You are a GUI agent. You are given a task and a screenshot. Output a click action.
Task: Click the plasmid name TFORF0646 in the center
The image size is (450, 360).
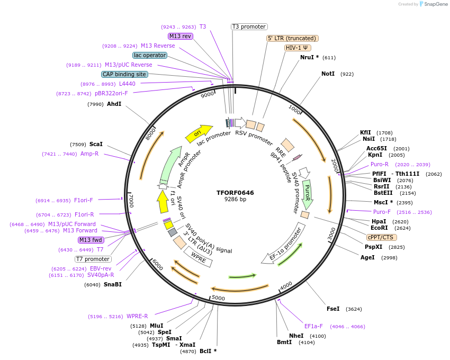coord(235,193)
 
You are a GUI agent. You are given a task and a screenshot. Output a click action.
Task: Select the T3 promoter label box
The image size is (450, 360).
coord(249,26)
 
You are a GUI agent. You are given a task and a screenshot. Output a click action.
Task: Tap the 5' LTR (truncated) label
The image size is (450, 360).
coord(292,38)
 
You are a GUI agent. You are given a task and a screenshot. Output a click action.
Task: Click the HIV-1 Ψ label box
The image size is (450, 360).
coord(298,48)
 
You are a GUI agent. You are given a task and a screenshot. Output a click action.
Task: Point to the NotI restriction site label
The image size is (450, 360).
coord(328,74)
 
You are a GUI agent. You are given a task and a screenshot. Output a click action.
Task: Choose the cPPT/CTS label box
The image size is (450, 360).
coord(380,237)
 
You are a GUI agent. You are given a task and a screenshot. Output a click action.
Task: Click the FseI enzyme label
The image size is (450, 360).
coord(333,309)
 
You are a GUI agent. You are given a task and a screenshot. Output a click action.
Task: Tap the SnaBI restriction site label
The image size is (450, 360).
coord(113,284)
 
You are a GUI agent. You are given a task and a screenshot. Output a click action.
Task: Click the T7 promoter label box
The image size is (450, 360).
coord(93,259)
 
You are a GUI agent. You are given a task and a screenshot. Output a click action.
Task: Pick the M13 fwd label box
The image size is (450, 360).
coord(91,240)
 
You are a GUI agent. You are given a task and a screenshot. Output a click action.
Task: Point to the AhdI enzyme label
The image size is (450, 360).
coord(114,104)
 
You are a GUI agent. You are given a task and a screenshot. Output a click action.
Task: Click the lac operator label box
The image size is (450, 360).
coord(150,55)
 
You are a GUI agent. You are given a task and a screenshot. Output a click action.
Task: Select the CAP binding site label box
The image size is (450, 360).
coord(124,74)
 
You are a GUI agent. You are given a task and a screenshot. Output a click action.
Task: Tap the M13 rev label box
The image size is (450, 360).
coord(180,36)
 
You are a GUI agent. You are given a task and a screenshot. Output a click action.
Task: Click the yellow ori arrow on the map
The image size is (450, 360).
coord(198,133)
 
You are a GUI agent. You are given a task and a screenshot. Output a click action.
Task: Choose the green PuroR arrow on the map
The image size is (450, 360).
coord(308,194)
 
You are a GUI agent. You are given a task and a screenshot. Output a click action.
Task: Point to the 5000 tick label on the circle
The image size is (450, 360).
coord(218,298)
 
